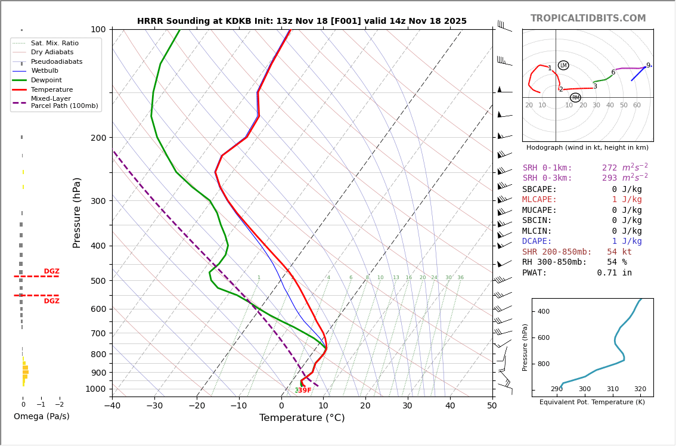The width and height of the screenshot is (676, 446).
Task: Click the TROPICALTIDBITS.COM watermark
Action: (x=588, y=18)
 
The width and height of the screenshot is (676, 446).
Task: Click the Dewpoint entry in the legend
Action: (x=46, y=80)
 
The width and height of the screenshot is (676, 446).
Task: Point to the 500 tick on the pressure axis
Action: (x=98, y=281)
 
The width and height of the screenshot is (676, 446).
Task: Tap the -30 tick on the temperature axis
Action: (x=154, y=406)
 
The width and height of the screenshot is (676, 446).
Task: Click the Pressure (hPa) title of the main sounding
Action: (x=77, y=212)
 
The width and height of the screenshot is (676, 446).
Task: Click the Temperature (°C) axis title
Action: (x=302, y=418)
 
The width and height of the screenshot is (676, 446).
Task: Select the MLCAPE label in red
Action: (x=539, y=200)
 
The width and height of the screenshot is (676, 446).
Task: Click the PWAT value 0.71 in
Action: (x=614, y=273)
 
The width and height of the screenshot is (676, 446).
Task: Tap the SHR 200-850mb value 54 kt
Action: (x=619, y=252)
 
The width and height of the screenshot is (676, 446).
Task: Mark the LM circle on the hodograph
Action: (x=563, y=66)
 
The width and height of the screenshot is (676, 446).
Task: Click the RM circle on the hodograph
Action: (x=575, y=98)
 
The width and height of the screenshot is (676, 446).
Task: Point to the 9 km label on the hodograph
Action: (x=648, y=66)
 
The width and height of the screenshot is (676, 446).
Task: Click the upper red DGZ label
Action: (x=51, y=272)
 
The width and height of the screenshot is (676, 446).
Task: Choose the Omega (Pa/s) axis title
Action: (x=41, y=417)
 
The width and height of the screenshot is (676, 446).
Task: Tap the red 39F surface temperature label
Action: (x=305, y=391)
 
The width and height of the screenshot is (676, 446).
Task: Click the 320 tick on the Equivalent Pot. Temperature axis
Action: (x=640, y=389)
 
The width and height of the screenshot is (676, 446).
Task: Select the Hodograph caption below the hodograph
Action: (x=587, y=148)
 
